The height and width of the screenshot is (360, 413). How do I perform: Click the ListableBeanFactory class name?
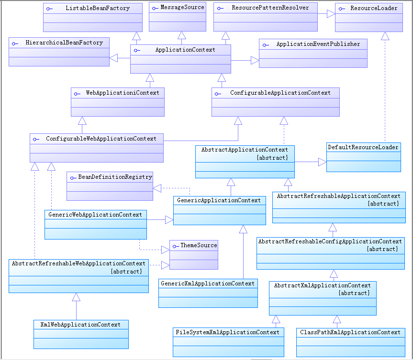coord(98,8)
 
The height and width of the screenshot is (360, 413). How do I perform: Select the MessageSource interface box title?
coord(182,7)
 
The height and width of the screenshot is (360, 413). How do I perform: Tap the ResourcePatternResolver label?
coord(270,8)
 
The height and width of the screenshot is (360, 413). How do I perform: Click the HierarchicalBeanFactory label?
coord(64,43)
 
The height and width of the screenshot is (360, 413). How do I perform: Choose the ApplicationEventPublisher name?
coord(318,44)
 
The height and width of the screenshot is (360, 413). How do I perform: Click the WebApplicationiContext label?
coord(123,92)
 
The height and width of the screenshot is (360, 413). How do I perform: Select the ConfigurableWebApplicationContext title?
coord(101,139)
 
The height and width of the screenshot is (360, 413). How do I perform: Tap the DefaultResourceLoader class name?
coord(363,147)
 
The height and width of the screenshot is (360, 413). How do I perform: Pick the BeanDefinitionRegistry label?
coord(115,177)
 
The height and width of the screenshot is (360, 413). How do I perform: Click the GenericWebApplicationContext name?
coord(95,215)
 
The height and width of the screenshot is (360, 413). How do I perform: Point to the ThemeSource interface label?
coord(199,245)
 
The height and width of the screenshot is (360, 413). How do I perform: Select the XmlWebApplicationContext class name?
coord(81,325)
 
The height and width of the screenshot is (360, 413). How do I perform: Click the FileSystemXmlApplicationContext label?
coord(227,332)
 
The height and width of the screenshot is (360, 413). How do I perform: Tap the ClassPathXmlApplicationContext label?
coord(350,332)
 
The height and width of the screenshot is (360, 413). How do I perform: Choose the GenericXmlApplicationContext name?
coord(208,284)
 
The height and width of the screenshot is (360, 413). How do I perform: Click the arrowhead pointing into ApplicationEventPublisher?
coord(255,61)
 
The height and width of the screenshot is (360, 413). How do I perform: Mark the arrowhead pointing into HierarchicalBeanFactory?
coord(114,58)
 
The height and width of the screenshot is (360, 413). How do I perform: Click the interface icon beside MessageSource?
coord(154,8)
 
